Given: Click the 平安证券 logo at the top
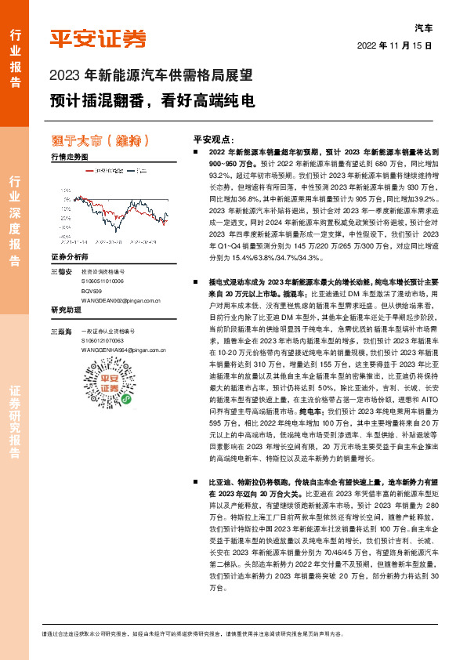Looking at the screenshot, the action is click(x=97, y=38).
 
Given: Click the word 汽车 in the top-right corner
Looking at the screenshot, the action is click(x=422, y=27).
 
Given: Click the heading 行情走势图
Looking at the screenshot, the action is click(x=70, y=158).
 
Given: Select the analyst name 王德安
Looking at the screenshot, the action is click(x=60, y=271).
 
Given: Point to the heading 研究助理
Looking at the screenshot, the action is click(x=65, y=310).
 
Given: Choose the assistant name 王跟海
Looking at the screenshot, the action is click(x=60, y=332).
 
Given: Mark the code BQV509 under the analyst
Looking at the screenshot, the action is click(x=92, y=290).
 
